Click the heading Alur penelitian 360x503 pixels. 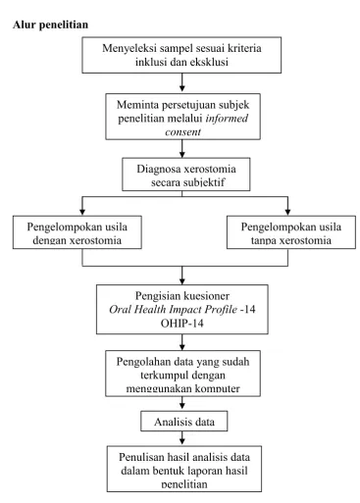pyautogui.click(x=50, y=25)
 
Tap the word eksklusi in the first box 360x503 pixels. pyautogui.click(x=209, y=62)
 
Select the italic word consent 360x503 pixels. pyautogui.click(x=182, y=132)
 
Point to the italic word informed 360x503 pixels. pyautogui.click(x=227, y=118)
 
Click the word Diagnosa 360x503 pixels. pyautogui.click(x=159, y=169)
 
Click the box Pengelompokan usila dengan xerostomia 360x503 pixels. pyautogui.click(x=77, y=232)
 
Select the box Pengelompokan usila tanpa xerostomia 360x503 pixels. pyautogui.click(x=291, y=232)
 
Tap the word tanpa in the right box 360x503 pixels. pyautogui.click(x=264, y=240)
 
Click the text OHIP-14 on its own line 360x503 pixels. pyautogui.click(x=182, y=324)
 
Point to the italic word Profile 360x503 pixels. pyautogui.click(x=222, y=309)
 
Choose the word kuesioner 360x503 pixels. pyautogui.click(x=206, y=296)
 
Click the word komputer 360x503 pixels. pyautogui.click(x=218, y=388)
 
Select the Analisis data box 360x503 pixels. pyautogui.click(x=184, y=422)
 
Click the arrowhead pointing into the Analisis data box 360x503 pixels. pyautogui.click(x=182, y=406)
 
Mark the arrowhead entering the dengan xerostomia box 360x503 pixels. pyautogui.click(x=82, y=212)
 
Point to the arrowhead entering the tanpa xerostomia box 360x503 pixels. pyautogui.click(x=287, y=212)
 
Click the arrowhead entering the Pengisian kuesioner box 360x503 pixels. pyautogui.click(x=182, y=281)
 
